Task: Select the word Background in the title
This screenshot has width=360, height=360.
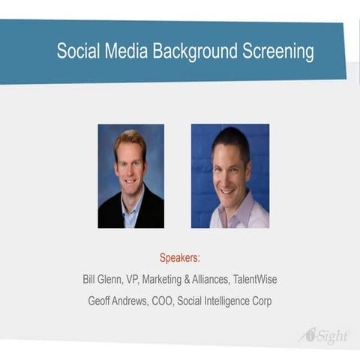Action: click(x=195, y=52)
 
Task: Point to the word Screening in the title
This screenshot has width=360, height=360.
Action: click(x=277, y=52)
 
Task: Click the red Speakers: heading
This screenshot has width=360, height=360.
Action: click(x=180, y=257)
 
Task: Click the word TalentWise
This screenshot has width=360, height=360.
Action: click(x=252, y=280)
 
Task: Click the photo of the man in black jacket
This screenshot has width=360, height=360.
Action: click(x=130, y=176)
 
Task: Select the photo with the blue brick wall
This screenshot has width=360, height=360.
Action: click(x=229, y=176)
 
